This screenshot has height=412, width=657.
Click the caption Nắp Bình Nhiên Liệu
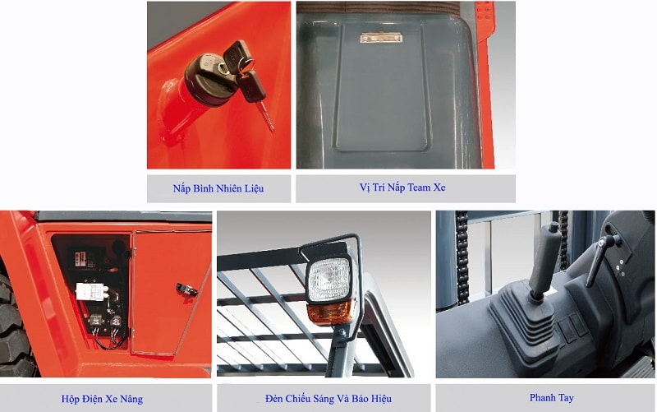[x=218, y=188]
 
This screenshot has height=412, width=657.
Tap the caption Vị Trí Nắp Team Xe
[x=402, y=187]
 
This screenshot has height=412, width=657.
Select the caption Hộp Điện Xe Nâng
[x=102, y=399]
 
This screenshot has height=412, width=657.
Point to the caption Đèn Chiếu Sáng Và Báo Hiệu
[x=328, y=399]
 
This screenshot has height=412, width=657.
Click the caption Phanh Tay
[x=551, y=397]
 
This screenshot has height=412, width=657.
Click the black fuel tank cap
[x=210, y=80]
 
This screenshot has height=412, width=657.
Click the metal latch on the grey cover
[x=381, y=38]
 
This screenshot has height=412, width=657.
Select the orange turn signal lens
[x=329, y=313]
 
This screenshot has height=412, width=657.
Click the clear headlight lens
[x=329, y=279]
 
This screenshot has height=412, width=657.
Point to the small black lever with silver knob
[x=602, y=259]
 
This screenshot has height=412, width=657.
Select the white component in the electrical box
[x=91, y=291]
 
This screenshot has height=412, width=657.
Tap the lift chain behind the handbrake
[x=462, y=257]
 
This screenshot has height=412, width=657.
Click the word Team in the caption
[x=420, y=187]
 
